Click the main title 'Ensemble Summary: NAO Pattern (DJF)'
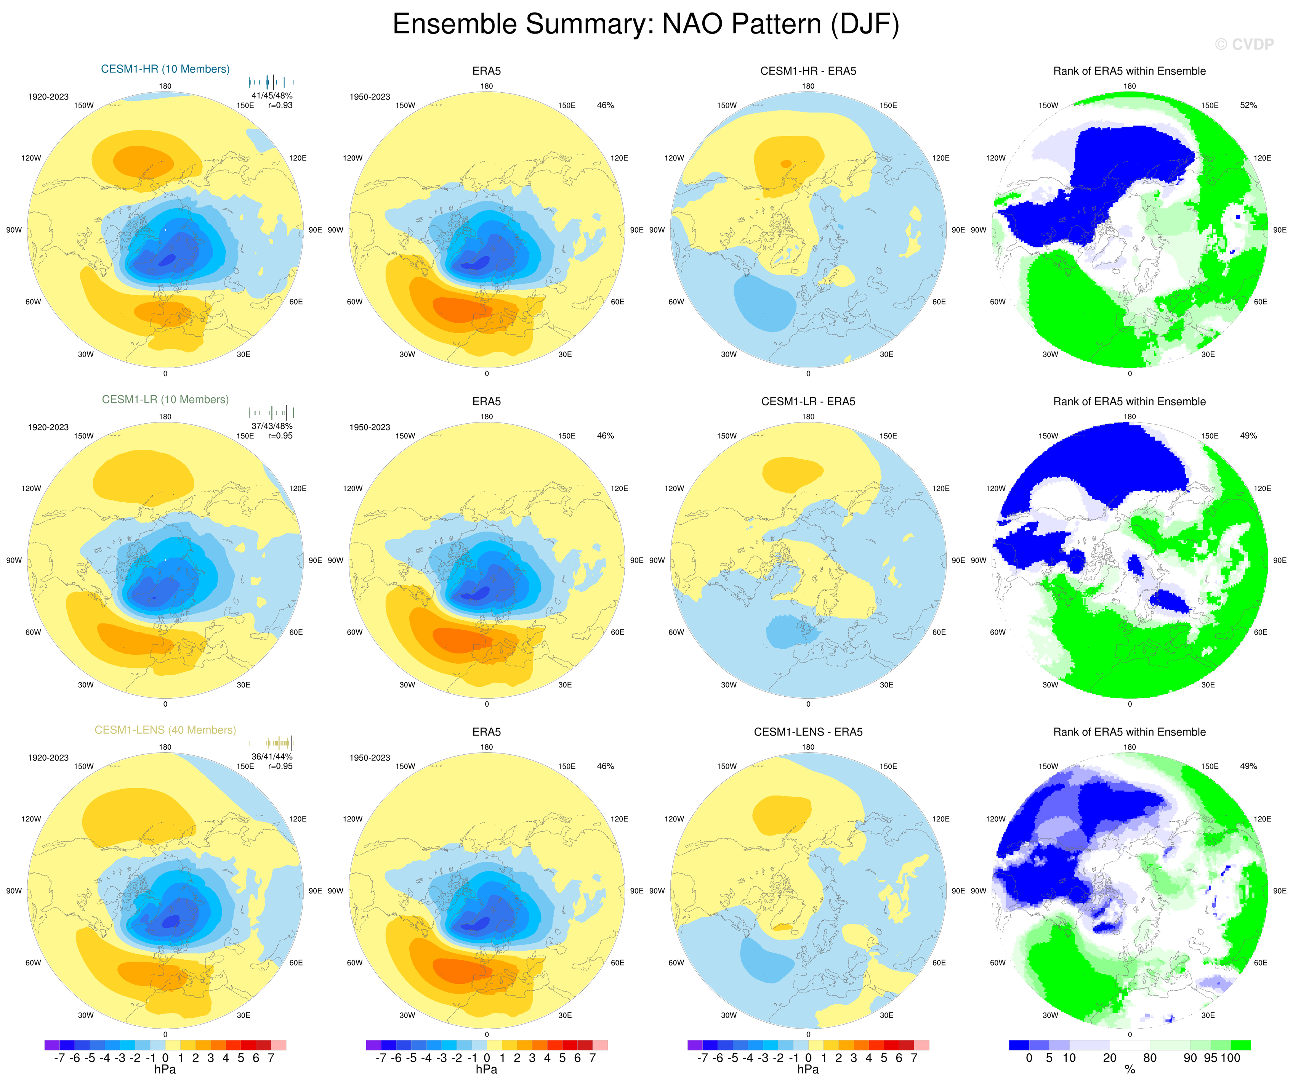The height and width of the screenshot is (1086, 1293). pos(646,25)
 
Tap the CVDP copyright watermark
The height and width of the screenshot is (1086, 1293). pos(1244,44)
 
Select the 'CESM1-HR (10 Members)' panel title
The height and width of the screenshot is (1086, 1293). pos(165,69)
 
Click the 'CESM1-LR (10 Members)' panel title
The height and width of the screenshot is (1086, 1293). pos(165,399)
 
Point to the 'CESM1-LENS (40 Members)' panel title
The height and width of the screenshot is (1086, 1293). pos(165,730)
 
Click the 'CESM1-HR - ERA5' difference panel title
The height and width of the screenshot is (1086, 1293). pos(808,71)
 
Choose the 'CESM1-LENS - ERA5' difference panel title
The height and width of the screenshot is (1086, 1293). pos(808,732)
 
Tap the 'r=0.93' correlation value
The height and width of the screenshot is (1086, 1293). pos(280,105)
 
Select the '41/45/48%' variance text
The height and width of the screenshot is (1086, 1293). pos(272,95)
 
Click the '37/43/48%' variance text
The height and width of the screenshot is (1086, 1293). pos(272,426)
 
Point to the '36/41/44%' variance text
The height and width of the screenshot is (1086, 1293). pos(272,757)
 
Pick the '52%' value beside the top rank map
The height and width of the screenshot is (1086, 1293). pos(1248,105)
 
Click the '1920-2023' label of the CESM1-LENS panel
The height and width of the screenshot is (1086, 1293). pos(48,758)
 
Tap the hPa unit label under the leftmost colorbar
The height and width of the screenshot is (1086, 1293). pos(165,1069)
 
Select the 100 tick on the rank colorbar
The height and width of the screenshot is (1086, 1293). pos(1230,1058)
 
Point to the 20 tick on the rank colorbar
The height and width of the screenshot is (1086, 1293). pos(1110,1058)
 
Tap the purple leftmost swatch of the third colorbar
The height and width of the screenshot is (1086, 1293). pos(695,1045)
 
